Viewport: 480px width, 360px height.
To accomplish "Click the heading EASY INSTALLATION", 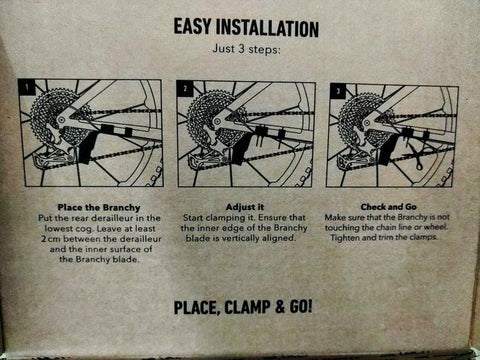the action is (246, 28).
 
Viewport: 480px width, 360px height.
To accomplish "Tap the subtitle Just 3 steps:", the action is (246, 49).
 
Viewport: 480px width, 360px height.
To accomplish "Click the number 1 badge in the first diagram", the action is (28, 87).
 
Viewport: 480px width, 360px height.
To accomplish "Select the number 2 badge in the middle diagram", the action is (185, 88).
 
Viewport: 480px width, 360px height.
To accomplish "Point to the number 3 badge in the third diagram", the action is (338, 92).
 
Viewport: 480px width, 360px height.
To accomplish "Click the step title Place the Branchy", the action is (99, 207).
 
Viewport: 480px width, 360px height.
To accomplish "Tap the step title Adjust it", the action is (245, 207).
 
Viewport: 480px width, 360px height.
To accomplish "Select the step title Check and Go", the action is (388, 207).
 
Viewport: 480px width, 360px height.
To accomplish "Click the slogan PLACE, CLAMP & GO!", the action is (243, 307).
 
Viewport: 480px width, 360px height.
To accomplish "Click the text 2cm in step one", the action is (51, 239).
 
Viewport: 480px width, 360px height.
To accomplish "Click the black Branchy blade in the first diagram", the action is (88, 147).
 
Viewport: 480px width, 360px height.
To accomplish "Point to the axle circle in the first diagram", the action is (61, 120).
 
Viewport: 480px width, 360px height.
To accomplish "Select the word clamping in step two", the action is (225, 218).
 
